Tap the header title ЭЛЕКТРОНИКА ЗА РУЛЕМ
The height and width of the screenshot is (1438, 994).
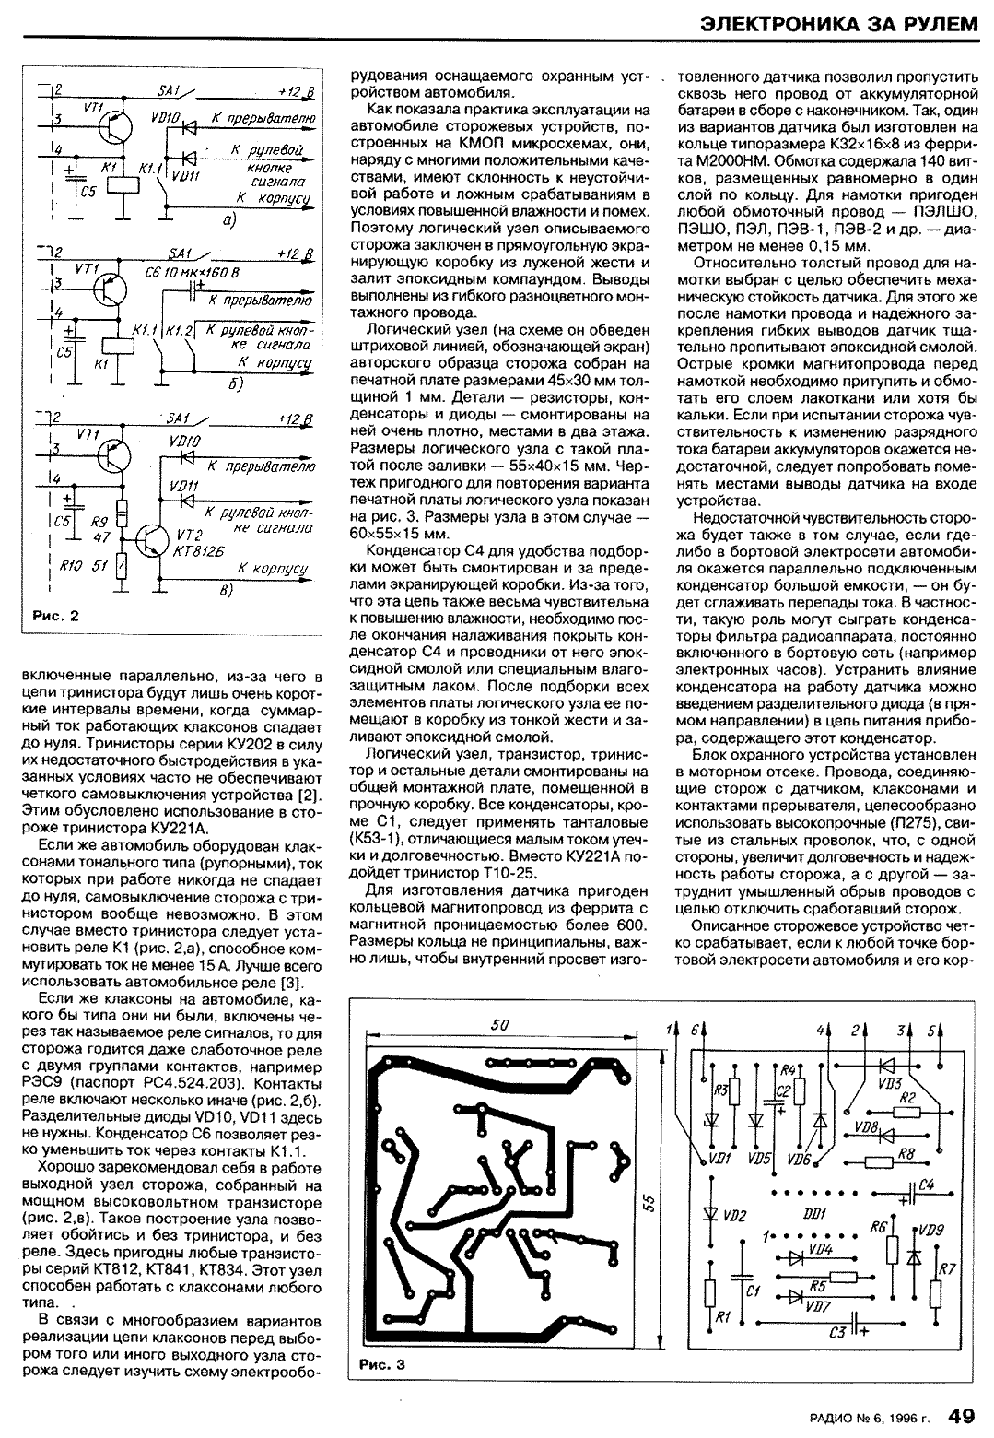pos(836,24)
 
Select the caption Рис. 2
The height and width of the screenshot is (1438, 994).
pos(54,617)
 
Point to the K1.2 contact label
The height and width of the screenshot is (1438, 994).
pos(181,329)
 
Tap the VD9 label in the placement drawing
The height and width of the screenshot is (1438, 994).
pos(931,1229)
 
